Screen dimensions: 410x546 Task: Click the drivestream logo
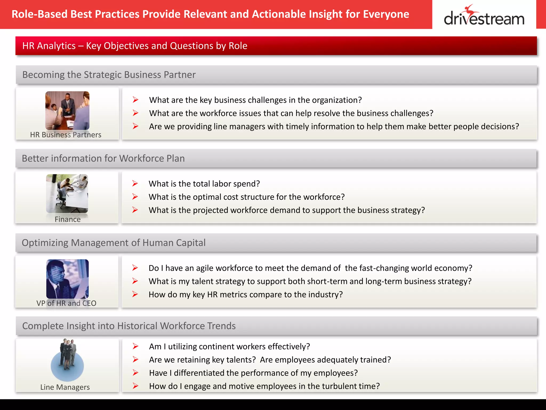click(x=484, y=16)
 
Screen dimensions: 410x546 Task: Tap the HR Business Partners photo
click(x=67, y=111)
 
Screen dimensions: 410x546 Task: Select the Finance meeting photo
click(x=67, y=194)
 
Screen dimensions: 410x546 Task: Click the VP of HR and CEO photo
click(x=67, y=279)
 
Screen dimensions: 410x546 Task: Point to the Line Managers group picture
click(x=67, y=360)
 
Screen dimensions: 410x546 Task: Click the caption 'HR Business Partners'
click(x=66, y=135)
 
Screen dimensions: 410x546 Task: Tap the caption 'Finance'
click(x=67, y=219)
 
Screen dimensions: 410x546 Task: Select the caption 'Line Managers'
click(x=65, y=387)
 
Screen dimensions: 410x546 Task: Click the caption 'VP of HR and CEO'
click(x=66, y=303)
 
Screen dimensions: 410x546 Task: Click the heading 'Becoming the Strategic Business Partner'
click(x=109, y=75)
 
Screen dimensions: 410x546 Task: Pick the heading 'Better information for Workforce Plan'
click(x=103, y=159)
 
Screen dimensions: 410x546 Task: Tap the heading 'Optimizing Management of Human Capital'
click(x=114, y=243)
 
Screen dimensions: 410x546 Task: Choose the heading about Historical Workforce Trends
click(x=129, y=326)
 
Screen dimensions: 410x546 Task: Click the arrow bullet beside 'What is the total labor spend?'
click(x=135, y=184)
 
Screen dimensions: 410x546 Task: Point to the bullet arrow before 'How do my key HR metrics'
click(x=135, y=294)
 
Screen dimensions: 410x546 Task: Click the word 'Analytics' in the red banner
click(x=56, y=46)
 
